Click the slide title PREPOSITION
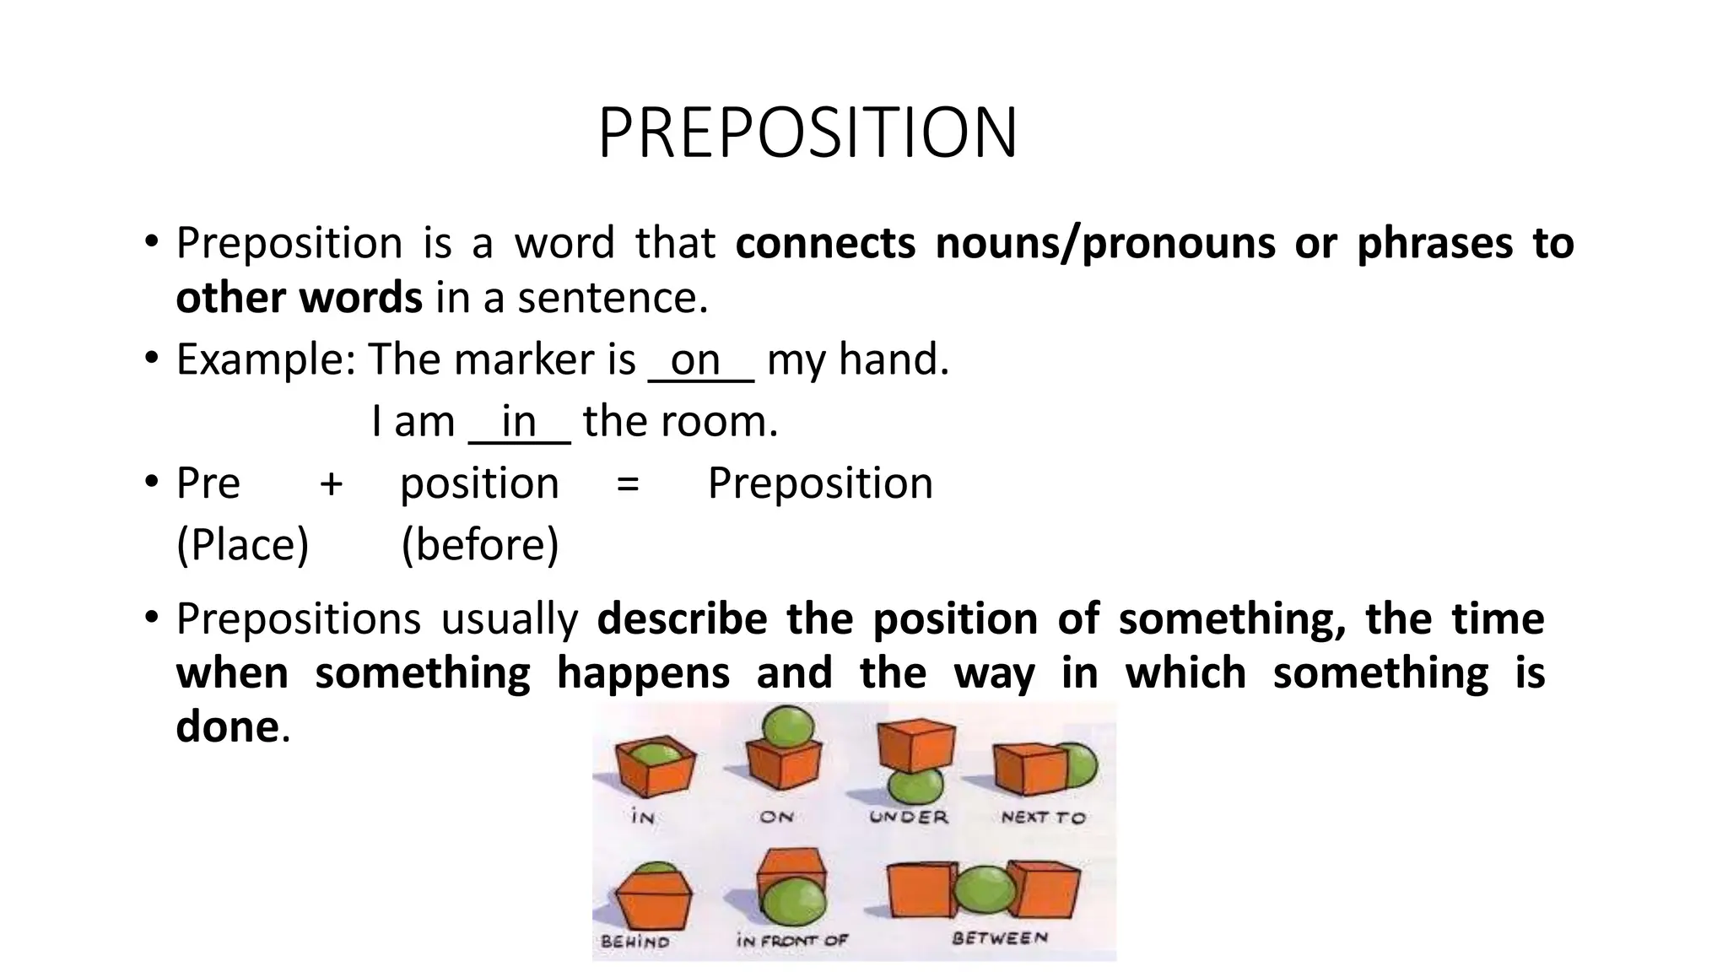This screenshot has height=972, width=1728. coord(807,133)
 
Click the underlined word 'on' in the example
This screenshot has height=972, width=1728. coord(694,360)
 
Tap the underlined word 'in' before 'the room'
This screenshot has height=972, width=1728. coord(518,422)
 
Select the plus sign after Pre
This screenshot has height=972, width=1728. coord(331,484)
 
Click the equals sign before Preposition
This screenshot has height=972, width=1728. coord(628,484)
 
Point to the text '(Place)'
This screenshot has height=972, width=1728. coord(242,544)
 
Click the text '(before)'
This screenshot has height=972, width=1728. coord(479,544)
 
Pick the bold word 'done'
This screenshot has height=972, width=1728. coord(227,726)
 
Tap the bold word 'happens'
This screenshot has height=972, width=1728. coord(643,673)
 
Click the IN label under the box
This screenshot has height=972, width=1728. coord(643,817)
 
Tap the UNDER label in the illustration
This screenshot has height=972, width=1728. coord(909,817)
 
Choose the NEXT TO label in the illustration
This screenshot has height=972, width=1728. coord(1043,817)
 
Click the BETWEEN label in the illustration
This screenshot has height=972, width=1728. coord(1000,938)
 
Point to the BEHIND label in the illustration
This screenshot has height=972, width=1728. coord(635,942)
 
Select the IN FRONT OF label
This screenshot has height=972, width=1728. coord(791,940)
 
